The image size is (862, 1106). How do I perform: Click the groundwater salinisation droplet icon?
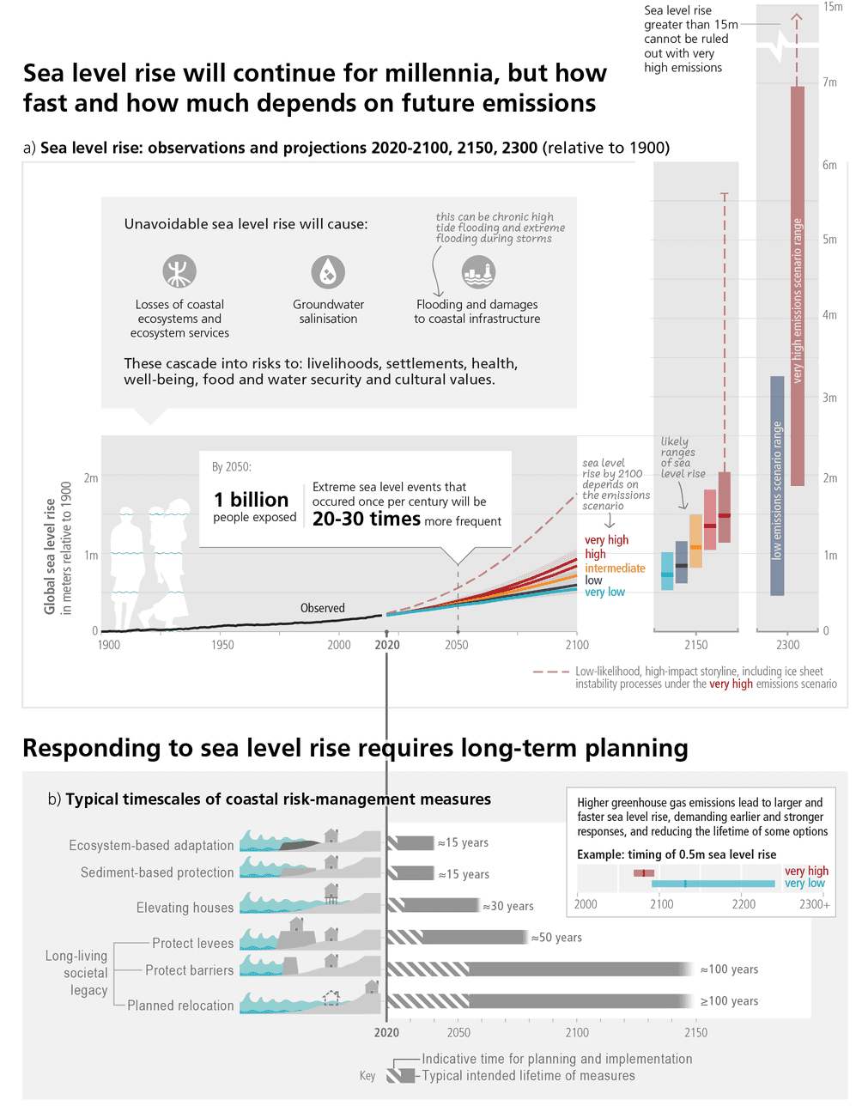coord(328,272)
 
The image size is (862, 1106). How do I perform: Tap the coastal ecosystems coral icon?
coord(179,271)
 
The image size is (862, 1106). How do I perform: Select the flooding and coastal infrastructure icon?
coord(478,272)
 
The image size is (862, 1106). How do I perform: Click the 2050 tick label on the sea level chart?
coord(457,645)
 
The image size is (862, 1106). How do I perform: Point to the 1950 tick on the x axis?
coord(222,645)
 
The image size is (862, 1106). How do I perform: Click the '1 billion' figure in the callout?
coord(251,500)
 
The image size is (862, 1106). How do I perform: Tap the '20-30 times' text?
coord(367,519)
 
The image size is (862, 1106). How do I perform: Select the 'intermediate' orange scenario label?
coord(615,568)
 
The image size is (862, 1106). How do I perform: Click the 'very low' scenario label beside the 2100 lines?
coord(604,592)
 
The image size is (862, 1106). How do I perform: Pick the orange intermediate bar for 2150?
coord(695,541)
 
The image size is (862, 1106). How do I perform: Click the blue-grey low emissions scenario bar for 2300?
coord(777,485)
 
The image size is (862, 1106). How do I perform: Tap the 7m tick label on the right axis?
coord(829,82)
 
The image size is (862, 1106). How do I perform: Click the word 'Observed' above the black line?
coord(323,608)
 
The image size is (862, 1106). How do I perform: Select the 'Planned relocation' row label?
coord(180,1006)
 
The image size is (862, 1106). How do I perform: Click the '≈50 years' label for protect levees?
coord(556,938)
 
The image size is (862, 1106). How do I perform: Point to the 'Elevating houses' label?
coord(185,908)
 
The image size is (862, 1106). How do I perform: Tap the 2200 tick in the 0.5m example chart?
coord(744,904)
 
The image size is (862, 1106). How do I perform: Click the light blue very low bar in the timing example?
coord(713,884)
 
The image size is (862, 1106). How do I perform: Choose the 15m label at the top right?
coord(833,7)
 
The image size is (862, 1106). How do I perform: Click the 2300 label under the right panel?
coord(787,645)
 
